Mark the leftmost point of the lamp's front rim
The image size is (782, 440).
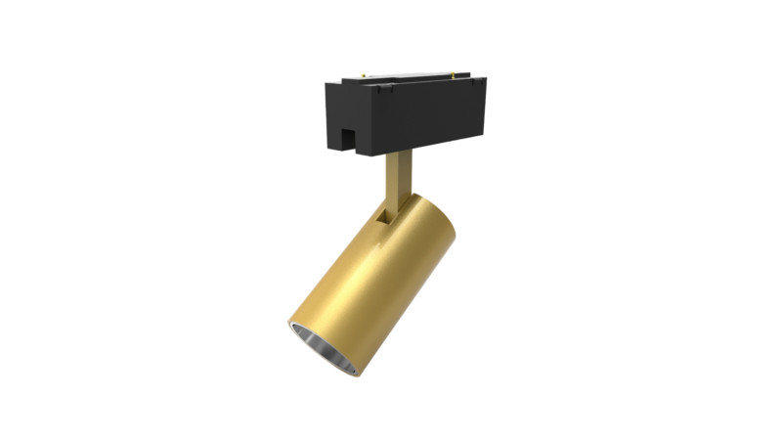tap(288, 322)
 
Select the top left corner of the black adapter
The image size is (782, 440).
tap(326, 86)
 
